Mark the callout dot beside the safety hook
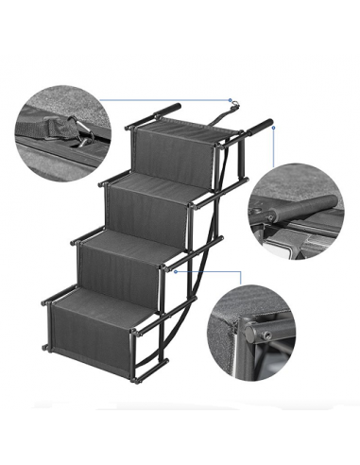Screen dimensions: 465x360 pyautogui.click(x=230, y=97)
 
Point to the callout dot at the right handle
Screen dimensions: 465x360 pyautogui.click(x=274, y=129)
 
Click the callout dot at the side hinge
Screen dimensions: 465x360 pyautogui.click(x=176, y=269)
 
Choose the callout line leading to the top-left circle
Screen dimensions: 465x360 pyautogui.click(x=161, y=97)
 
